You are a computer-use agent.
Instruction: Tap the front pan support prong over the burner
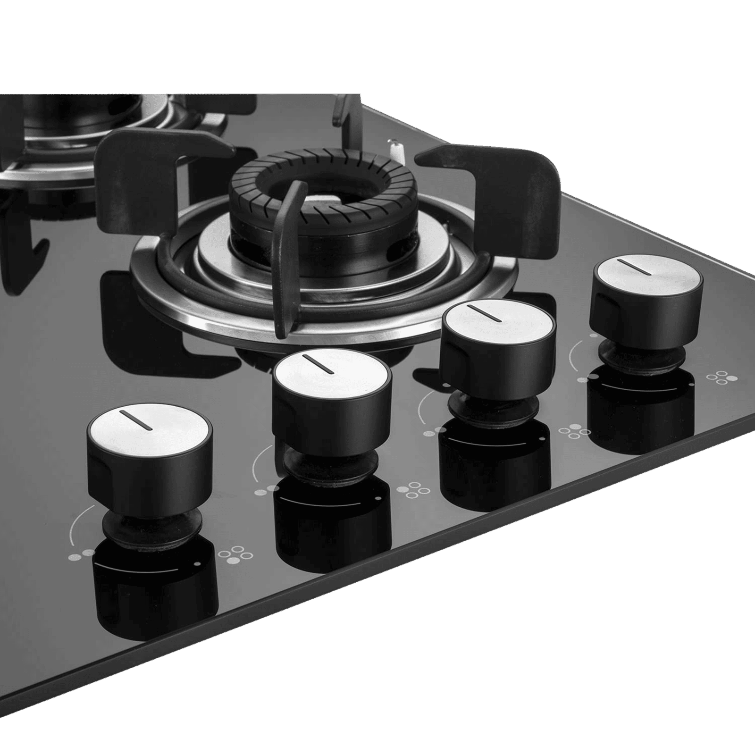click(285, 255)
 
